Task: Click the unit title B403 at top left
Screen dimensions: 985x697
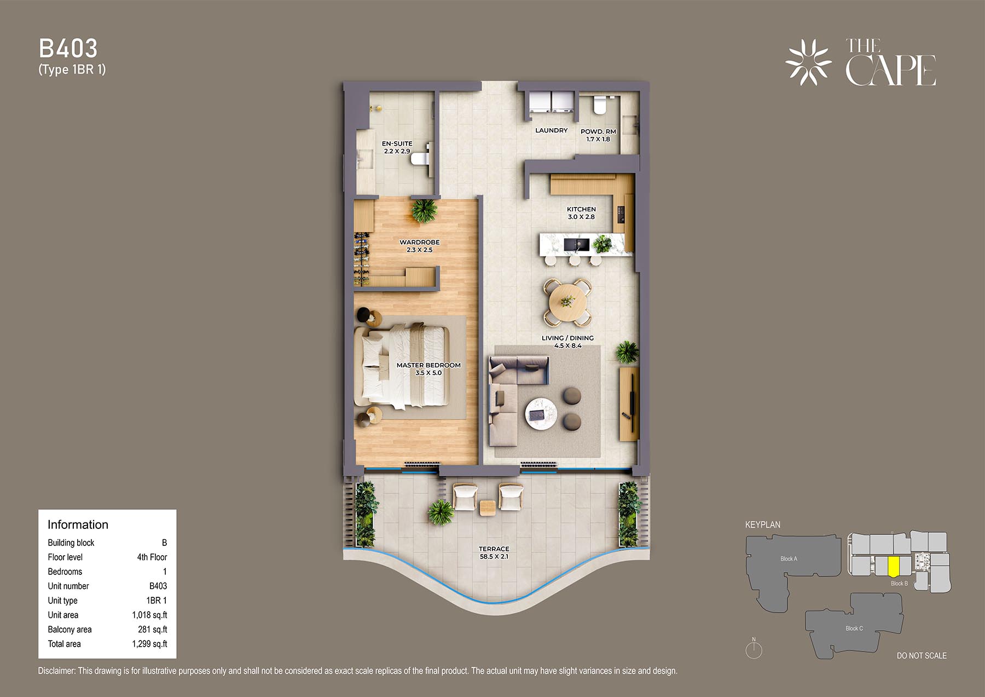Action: tap(68, 49)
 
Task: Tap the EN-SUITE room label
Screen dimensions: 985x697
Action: tap(397, 143)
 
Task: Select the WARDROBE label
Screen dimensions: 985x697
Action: tap(420, 242)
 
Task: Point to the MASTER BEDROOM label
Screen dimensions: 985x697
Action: tap(428, 365)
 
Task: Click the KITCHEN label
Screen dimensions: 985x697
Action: tap(581, 209)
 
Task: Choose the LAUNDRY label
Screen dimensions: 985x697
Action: tap(552, 130)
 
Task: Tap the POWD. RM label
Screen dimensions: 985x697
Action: tap(598, 131)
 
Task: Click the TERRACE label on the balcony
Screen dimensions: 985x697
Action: tap(494, 549)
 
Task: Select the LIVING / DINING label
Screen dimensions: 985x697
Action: tap(567, 338)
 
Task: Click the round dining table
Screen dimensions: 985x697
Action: tap(567, 302)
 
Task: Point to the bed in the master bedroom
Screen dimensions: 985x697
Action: tap(402, 366)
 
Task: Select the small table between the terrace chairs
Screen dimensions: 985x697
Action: tap(488, 508)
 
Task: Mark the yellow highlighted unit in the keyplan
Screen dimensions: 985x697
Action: tap(894, 567)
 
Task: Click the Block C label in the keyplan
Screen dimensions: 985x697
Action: tap(854, 628)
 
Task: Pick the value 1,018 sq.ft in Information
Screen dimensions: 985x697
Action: tap(149, 615)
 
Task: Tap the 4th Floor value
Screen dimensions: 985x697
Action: tap(152, 557)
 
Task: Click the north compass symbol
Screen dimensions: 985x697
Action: tap(754, 649)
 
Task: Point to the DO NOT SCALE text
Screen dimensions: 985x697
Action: tap(922, 655)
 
